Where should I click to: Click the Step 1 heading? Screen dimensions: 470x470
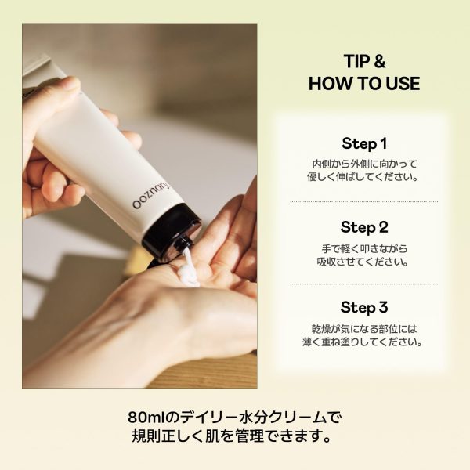pyautogui.click(x=364, y=143)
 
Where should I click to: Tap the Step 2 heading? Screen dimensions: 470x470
pyautogui.click(x=364, y=227)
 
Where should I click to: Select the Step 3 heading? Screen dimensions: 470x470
pyautogui.click(x=364, y=307)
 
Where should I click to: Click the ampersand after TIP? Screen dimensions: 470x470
pyautogui.click(x=379, y=61)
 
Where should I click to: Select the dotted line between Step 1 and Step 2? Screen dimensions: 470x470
pyautogui.click(x=364, y=202)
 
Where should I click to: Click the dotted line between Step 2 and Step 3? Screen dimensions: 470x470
pyautogui.click(x=364, y=284)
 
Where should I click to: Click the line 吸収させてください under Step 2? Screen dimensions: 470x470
pyautogui.click(x=363, y=262)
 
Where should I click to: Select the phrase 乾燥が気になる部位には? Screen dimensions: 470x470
pyautogui.click(x=364, y=329)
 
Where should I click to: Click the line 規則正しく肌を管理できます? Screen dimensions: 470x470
pyautogui.click(x=233, y=436)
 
